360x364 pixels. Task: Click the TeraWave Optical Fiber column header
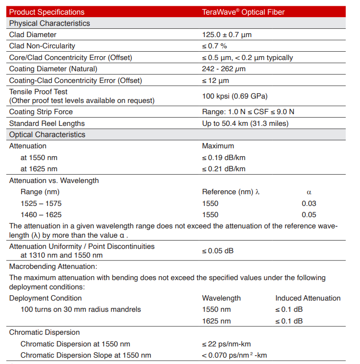(x=243, y=12)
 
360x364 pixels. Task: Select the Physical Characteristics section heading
(x=49, y=23)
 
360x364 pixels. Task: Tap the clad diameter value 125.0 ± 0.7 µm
(x=227, y=35)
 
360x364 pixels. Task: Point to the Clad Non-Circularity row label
(x=42, y=46)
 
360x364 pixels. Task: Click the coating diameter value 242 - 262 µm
(x=224, y=69)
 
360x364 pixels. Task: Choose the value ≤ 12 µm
(x=215, y=81)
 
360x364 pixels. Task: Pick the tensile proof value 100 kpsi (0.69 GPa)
(x=234, y=96)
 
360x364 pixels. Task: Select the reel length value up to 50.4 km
(x=245, y=123)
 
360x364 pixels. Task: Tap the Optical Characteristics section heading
(x=47, y=135)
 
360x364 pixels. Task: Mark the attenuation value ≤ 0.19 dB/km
(x=224, y=158)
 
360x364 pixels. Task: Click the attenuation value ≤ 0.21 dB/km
(x=224, y=169)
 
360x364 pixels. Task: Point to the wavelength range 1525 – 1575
(x=41, y=203)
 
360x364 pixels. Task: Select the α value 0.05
(x=309, y=215)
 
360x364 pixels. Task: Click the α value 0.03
(x=309, y=203)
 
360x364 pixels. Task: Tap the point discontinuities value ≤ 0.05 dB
(x=218, y=251)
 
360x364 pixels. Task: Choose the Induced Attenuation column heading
(x=308, y=298)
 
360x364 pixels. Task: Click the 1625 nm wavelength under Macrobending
(x=216, y=321)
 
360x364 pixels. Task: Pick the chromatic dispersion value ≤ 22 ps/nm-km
(x=227, y=344)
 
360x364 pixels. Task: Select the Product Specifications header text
(x=47, y=12)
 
